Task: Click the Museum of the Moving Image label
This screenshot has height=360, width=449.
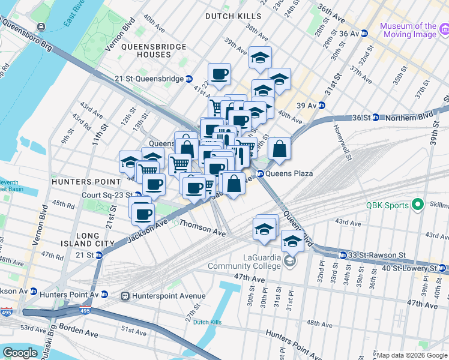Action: click(408, 30)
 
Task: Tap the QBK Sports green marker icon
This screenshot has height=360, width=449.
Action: click(419, 205)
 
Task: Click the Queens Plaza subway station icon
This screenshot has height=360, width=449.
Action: click(261, 173)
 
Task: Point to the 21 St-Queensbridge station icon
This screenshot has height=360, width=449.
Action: click(188, 79)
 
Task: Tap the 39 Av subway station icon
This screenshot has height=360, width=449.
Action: click(321, 105)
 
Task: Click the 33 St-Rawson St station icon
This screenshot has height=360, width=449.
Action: click(342, 254)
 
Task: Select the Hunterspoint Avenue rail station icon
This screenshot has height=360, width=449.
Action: click(126, 296)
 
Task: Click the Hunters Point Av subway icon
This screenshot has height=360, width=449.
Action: click(104, 295)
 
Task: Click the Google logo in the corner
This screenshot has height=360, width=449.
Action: click(20, 353)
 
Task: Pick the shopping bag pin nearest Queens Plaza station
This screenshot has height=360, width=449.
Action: click(235, 182)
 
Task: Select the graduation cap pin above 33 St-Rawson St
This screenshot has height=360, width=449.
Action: click(292, 241)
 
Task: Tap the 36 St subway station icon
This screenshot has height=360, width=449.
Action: click(375, 117)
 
